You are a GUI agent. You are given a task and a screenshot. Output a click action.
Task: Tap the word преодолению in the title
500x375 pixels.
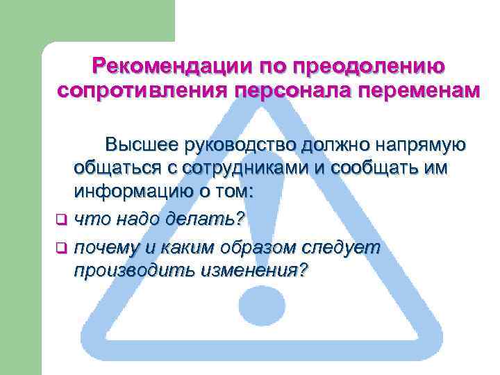pos(369,67)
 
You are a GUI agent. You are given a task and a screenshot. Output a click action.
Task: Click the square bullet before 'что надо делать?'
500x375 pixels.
pos(60,221)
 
